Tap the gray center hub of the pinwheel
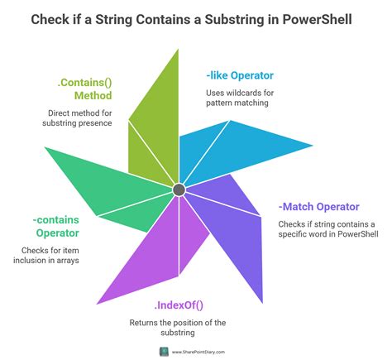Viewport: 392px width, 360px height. pyautogui.click(x=179, y=190)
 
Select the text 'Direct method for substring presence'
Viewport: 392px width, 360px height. pyautogui.click(x=81, y=119)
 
